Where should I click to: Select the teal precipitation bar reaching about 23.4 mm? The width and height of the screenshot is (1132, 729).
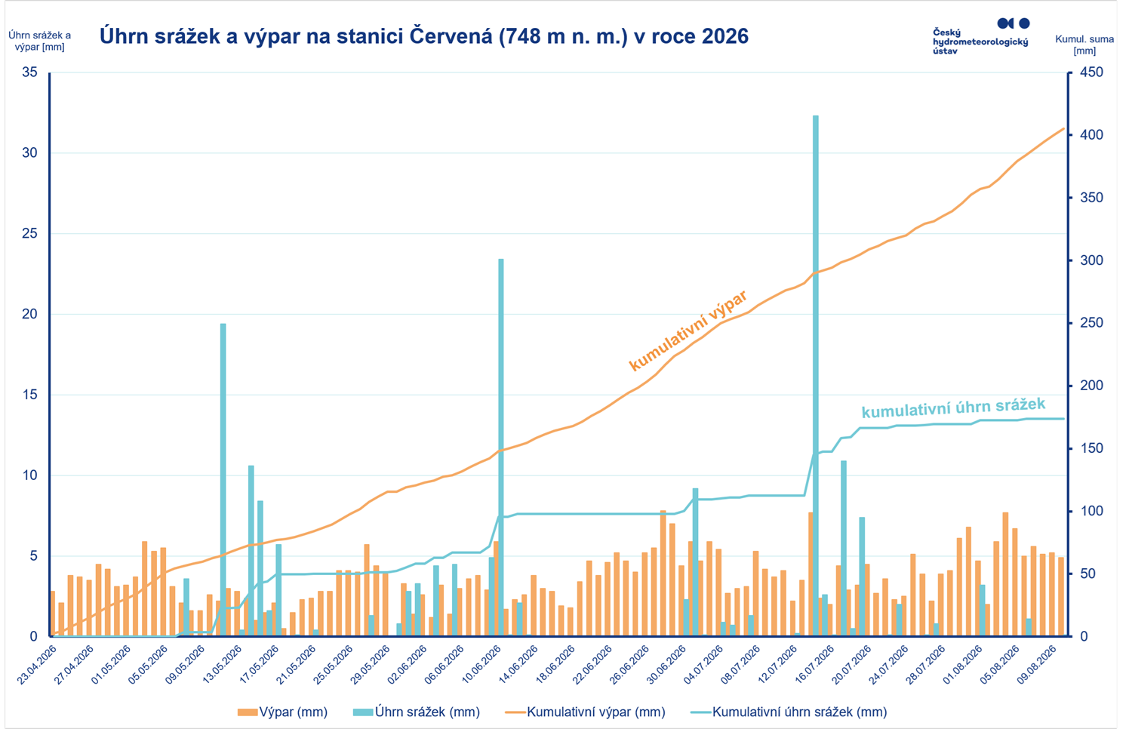coord(501,447)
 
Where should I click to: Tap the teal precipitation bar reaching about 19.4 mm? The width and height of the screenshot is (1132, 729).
coord(223,479)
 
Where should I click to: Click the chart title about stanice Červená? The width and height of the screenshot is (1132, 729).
coord(424,36)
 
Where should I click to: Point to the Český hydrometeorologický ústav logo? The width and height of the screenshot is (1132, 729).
coord(981,36)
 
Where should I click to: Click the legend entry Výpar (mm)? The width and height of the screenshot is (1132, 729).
coord(283,712)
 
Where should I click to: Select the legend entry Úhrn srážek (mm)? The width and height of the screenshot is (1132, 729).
coord(417,712)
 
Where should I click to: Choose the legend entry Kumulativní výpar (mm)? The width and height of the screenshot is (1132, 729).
coord(585,712)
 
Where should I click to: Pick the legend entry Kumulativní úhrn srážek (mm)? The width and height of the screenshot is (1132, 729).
coord(789,712)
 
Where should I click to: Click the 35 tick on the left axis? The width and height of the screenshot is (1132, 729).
coord(30,72)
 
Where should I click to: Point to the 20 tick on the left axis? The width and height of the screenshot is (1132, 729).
coord(30,314)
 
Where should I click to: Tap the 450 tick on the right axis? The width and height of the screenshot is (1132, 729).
coord(1091,72)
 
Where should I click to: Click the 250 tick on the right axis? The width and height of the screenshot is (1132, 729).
coord(1091,322)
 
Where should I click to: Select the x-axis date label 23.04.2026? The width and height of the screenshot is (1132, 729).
coord(36,665)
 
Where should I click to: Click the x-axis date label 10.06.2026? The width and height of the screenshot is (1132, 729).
coord(481,665)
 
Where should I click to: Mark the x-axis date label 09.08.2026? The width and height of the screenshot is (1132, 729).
coord(1038,665)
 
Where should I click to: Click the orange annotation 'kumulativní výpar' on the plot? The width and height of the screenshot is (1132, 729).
coord(688,331)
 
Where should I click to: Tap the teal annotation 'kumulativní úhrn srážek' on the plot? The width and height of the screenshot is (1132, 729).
coord(953,408)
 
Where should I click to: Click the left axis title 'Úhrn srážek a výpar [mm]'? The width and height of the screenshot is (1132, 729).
coord(39,41)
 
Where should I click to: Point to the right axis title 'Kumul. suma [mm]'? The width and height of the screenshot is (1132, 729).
coord(1084,45)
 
